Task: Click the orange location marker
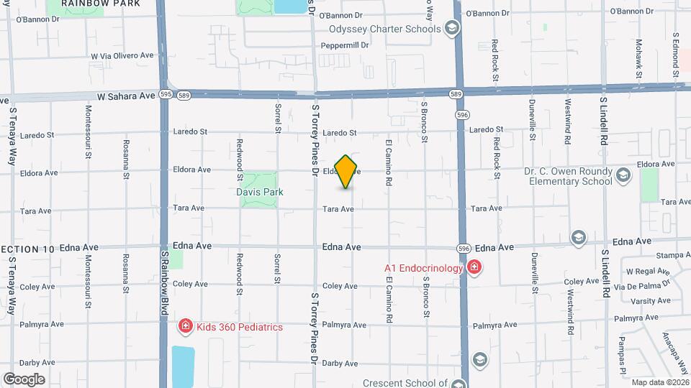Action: point(346,172)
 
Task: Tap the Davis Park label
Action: point(260,192)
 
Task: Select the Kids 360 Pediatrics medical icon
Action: point(185,327)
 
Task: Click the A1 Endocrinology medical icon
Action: point(474,269)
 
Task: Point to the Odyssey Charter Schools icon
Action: point(451,29)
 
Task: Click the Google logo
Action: point(24,379)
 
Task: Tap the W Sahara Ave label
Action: point(127,95)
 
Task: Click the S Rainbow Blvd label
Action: point(164,283)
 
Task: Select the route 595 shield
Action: point(166,93)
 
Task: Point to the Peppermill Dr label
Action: point(344,45)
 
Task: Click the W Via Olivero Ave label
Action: point(122,55)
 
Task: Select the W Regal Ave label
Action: point(648,272)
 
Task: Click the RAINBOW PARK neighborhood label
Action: point(90,4)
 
